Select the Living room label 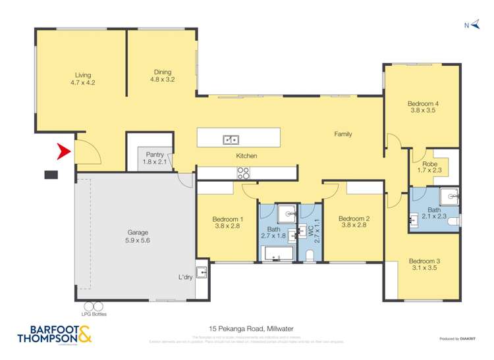[83, 79]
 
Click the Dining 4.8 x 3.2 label [162, 76]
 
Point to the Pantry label [155, 157]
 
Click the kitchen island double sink [231, 139]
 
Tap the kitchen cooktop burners [243, 174]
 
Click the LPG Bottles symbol [94, 305]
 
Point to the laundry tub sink [202, 271]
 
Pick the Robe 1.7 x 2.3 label [429, 167]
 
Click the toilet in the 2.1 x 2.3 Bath [453, 222]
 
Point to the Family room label [343, 134]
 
